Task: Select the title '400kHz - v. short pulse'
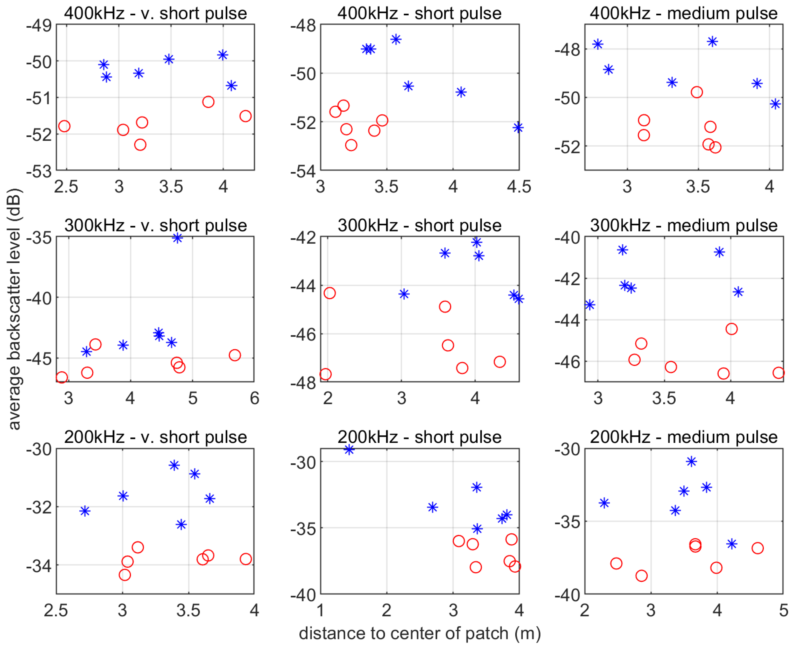click(155, 13)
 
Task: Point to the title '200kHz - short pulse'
click(419, 437)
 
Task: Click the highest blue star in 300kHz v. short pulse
click(178, 238)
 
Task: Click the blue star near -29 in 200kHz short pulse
click(349, 450)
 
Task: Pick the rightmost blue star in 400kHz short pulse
click(518, 128)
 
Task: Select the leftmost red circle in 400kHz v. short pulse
click(64, 126)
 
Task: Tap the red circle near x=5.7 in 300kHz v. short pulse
click(235, 355)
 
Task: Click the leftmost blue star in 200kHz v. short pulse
click(85, 511)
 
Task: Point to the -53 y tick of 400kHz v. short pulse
click(39, 171)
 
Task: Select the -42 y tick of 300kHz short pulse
click(303, 238)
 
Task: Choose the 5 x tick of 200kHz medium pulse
click(783, 611)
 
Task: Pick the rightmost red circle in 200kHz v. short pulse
click(245, 559)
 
